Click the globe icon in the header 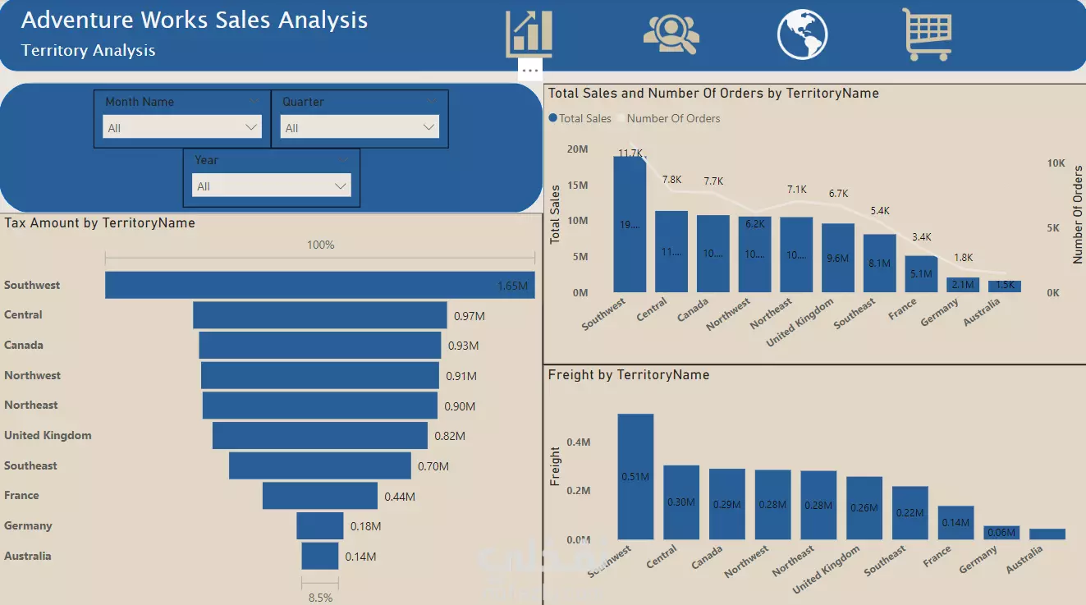[x=802, y=34]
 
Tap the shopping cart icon [x=927, y=34]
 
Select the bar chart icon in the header [x=529, y=34]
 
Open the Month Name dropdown [x=181, y=127]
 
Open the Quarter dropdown [x=359, y=127]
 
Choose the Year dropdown [x=271, y=186]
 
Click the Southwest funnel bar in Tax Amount [x=319, y=285]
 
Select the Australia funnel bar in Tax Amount [x=319, y=556]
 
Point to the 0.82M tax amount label [x=450, y=436]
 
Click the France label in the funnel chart [x=21, y=496]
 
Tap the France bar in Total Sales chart [x=921, y=273]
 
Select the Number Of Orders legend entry [x=673, y=118]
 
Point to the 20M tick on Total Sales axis [x=577, y=149]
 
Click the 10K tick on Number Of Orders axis [x=1056, y=163]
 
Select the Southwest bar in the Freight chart [x=635, y=476]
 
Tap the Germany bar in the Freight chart [x=1001, y=532]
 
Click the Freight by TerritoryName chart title [x=628, y=375]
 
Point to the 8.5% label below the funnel [x=320, y=598]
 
